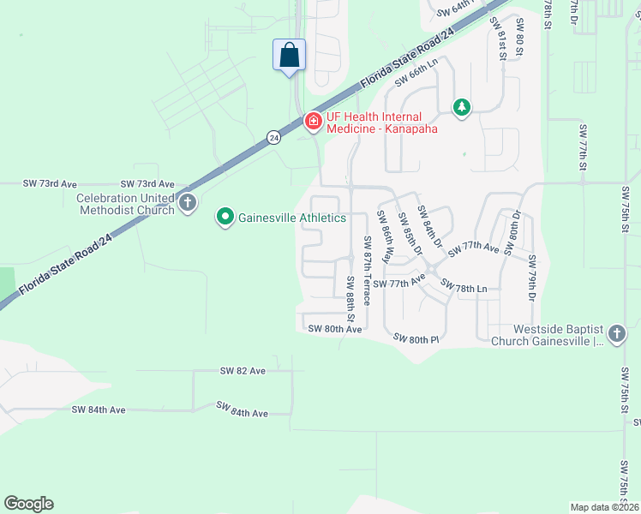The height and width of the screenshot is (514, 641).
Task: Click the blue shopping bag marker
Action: [290, 56]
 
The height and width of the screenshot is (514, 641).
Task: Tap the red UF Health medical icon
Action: [313, 122]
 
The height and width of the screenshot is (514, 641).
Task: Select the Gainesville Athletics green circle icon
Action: [225, 218]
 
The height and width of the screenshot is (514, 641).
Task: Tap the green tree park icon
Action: [462, 107]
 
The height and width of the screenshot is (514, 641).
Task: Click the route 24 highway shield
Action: [273, 137]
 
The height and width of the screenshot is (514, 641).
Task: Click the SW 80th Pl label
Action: [416, 339]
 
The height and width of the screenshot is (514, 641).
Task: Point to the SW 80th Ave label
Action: [334, 329]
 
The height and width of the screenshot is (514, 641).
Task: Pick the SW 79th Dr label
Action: [532, 278]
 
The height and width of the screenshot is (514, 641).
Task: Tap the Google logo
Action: [28, 504]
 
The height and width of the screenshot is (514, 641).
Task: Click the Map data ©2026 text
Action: [604, 507]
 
